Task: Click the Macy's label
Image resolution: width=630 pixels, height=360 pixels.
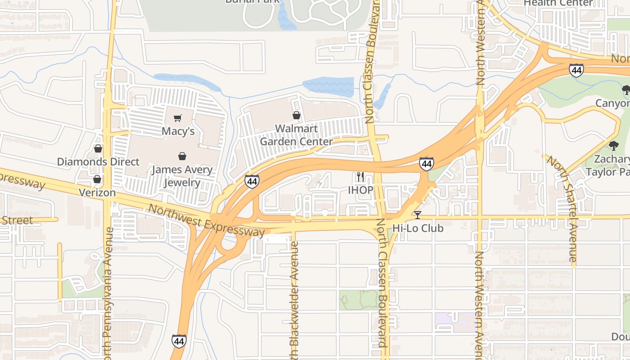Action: (x=179, y=131)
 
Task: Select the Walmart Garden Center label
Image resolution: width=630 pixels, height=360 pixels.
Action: (x=296, y=135)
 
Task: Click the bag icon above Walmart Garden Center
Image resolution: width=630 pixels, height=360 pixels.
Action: (x=296, y=116)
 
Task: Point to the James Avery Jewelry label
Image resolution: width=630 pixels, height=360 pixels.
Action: (x=182, y=176)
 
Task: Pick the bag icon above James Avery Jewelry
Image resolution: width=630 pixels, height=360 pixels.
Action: (x=182, y=156)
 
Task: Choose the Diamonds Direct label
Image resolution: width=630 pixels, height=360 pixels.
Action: (x=98, y=162)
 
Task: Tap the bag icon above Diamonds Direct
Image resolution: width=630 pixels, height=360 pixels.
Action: (x=98, y=148)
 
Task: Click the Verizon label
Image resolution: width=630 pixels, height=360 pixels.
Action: (x=97, y=193)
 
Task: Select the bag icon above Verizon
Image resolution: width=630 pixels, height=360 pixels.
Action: (x=97, y=180)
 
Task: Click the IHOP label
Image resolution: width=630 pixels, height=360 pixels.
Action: (x=360, y=190)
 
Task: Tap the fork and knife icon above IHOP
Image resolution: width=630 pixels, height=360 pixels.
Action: (x=360, y=176)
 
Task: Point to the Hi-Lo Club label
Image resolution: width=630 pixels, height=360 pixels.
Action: (x=418, y=228)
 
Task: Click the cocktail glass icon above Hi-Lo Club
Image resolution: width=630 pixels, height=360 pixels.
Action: (x=418, y=215)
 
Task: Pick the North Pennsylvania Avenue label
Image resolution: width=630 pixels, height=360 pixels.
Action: (x=108, y=292)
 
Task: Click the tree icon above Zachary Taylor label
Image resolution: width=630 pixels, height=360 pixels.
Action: (x=613, y=145)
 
